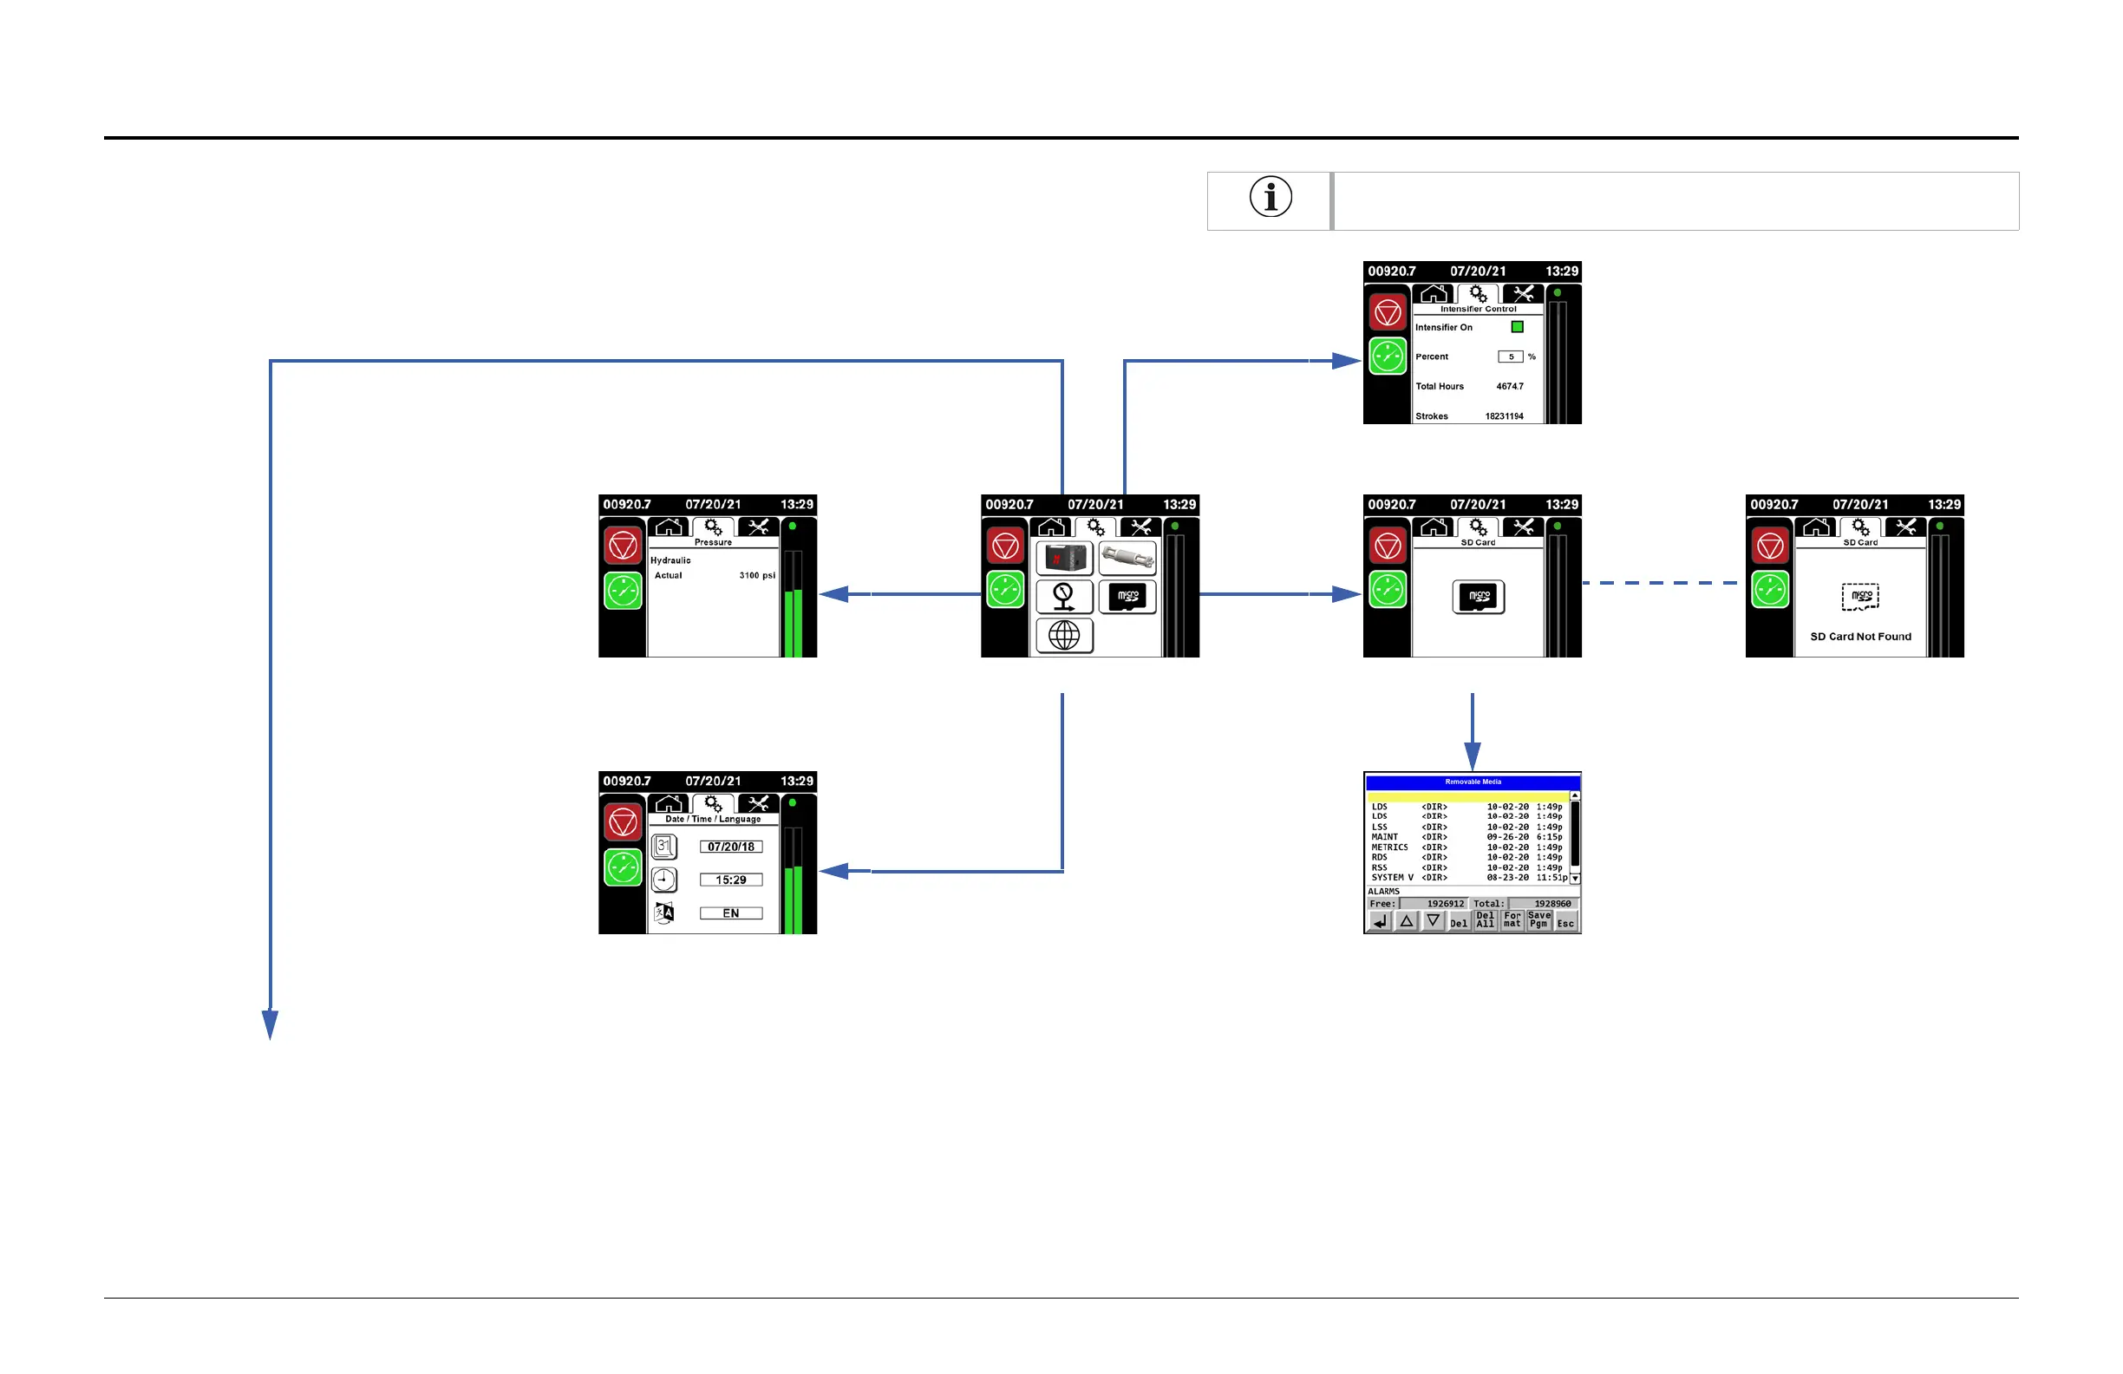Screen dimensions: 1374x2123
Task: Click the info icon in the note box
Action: (x=1271, y=197)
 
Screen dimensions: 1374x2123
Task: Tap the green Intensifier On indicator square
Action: (x=1517, y=327)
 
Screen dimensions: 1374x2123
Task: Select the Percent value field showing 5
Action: (x=1510, y=357)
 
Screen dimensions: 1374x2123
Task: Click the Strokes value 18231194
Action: (x=1504, y=416)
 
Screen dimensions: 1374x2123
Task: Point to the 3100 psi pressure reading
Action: (x=756, y=575)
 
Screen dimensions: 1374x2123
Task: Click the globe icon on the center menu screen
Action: (x=1064, y=636)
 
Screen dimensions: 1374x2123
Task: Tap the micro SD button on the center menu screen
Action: (x=1127, y=597)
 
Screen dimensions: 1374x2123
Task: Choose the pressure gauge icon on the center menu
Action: (x=1064, y=597)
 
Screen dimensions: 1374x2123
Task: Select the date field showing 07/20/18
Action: (x=730, y=847)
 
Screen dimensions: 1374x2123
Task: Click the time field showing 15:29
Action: (x=730, y=880)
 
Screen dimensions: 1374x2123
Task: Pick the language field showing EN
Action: (x=730, y=913)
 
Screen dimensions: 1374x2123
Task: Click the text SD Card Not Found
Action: (x=1860, y=637)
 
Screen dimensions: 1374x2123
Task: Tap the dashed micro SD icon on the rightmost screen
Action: (x=1860, y=596)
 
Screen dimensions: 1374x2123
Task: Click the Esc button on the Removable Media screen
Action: (x=1565, y=922)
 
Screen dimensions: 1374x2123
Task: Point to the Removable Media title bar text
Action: (x=1473, y=782)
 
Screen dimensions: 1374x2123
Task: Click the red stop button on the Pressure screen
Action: (x=623, y=545)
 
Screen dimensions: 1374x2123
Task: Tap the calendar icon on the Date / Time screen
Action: (x=663, y=846)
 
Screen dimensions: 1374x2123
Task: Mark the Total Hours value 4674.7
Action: (x=1509, y=387)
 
